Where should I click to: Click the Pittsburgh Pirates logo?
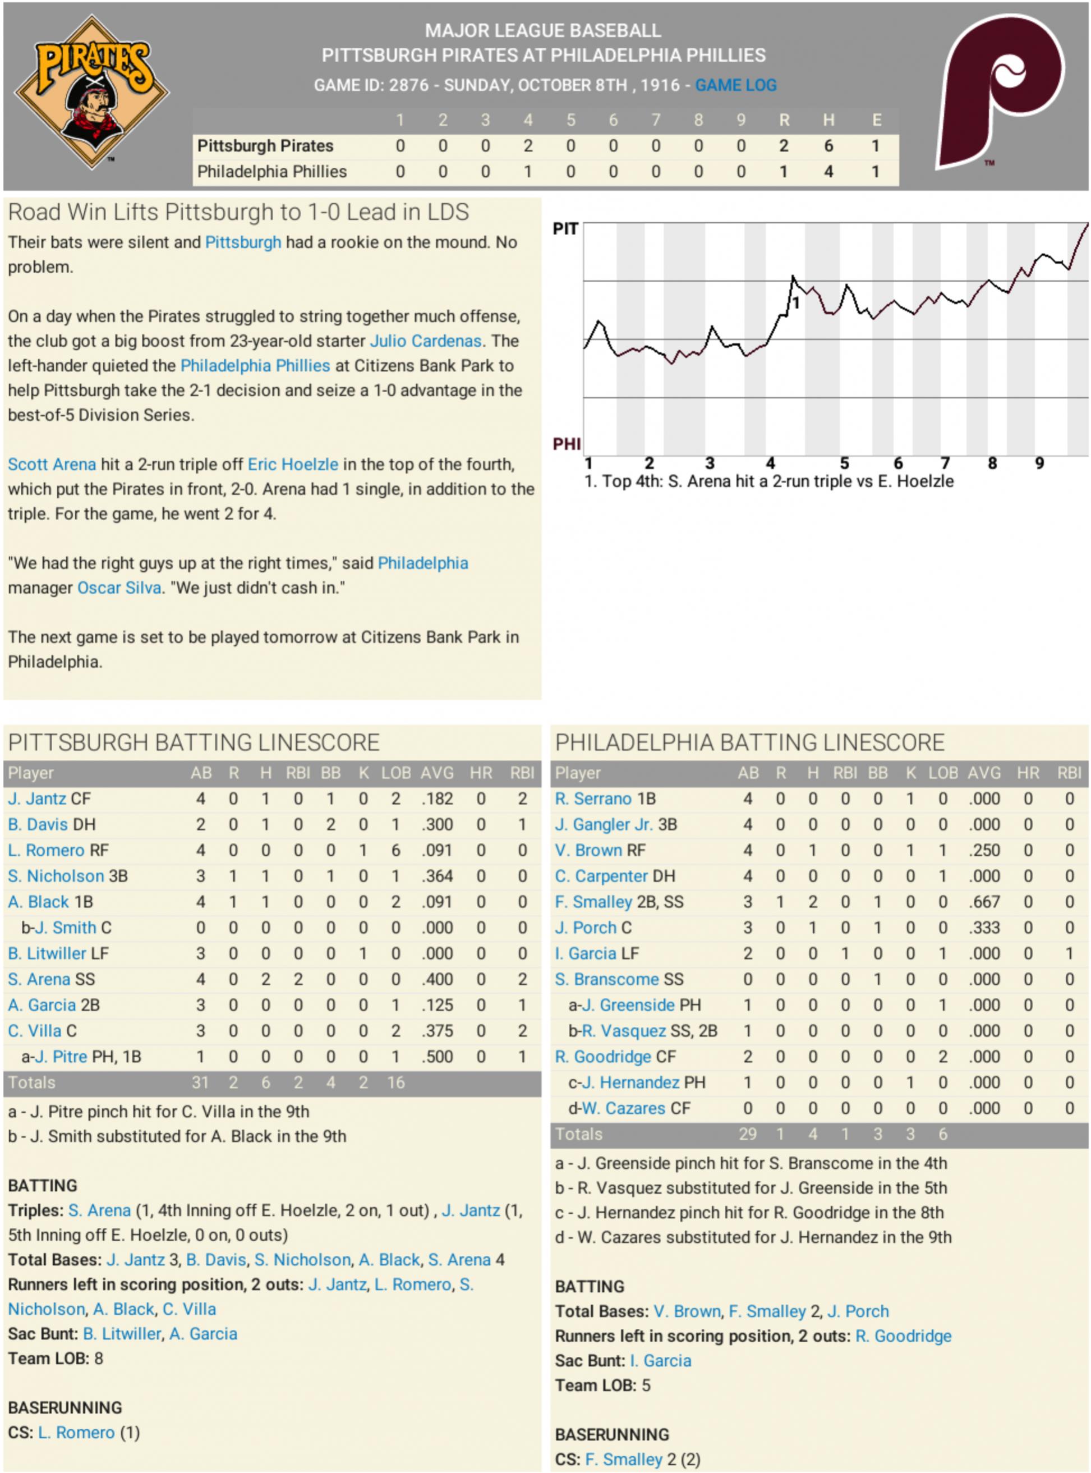pyautogui.click(x=92, y=92)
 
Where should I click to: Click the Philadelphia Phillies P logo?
pyautogui.click(x=1000, y=92)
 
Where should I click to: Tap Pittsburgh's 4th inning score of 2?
pyautogui.click(x=528, y=146)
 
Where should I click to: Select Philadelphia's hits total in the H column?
pyautogui.click(x=828, y=172)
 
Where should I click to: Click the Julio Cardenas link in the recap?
pyautogui.click(x=425, y=341)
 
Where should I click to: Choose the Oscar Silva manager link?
pyautogui.click(x=119, y=588)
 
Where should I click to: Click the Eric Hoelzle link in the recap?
pyautogui.click(x=293, y=465)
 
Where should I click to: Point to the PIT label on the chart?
pyautogui.click(x=565, y=229)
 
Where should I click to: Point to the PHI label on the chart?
pyautogui.click(x=567, y=443)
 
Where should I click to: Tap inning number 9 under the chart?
pyautogui.click(x=1039, y=464)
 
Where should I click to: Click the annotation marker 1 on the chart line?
pyautogui.click(x=796, y=303)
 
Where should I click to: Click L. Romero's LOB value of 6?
pyautogui.click(x=395, y=850)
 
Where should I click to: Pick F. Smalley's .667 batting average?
pyautogui.click(x=983, y=902)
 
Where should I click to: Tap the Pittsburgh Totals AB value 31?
pyautogui.click(x=200, y=1082)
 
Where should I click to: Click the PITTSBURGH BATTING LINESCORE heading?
pyautogui.click(x=194, y=742)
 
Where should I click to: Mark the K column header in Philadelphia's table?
pyautogui.click(x=910, y=773)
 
